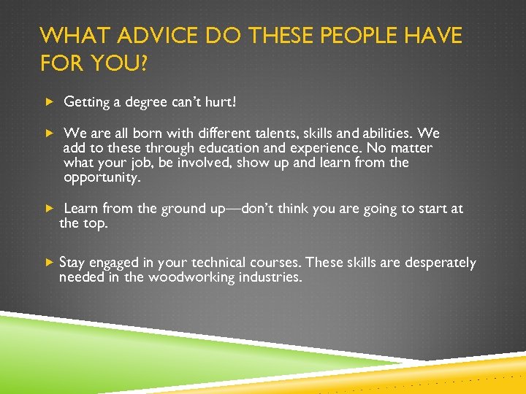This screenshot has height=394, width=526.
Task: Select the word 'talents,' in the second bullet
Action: coord(277,134)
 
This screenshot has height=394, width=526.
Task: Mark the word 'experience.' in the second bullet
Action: coord(308,148)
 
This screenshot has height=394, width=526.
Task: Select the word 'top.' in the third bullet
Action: coord(96,223)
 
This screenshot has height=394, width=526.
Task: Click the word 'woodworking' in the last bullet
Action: coord(191,277)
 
